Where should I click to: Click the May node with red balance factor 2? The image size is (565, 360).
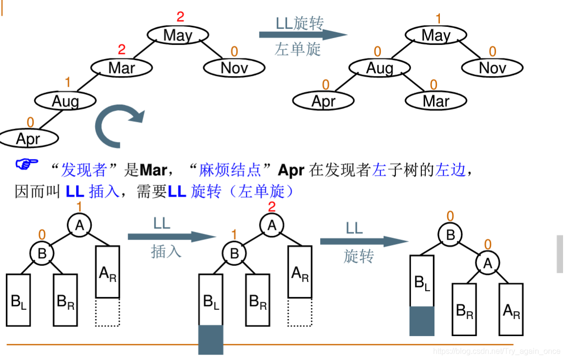pyautogui.click(x=178, y=35)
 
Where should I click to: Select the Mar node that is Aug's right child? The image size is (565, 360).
pyautogui.click(x=436, y=101)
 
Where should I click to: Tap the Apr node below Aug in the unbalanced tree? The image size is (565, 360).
pyautogui.click(x=28, y=139)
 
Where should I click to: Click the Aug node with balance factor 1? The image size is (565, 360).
pyautogui.click(x=65, y=101)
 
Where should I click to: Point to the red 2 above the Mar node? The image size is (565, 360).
pyautogui.click(x=122, y=49)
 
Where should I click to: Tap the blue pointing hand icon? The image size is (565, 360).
pyautogui.click(x=26, y=165)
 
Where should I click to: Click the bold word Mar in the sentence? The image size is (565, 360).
pyautogui.click(x=153, y=170)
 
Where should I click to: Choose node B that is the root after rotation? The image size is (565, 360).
pyautogui.click(x=450, y=235)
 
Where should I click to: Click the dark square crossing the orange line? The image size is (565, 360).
pyautogui.click(x=211, y=339)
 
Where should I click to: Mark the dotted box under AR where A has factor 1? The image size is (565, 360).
pyautogui.click(x=108, y=312)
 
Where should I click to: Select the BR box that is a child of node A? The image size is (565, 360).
pyautogui.click(x=464, y=310)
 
